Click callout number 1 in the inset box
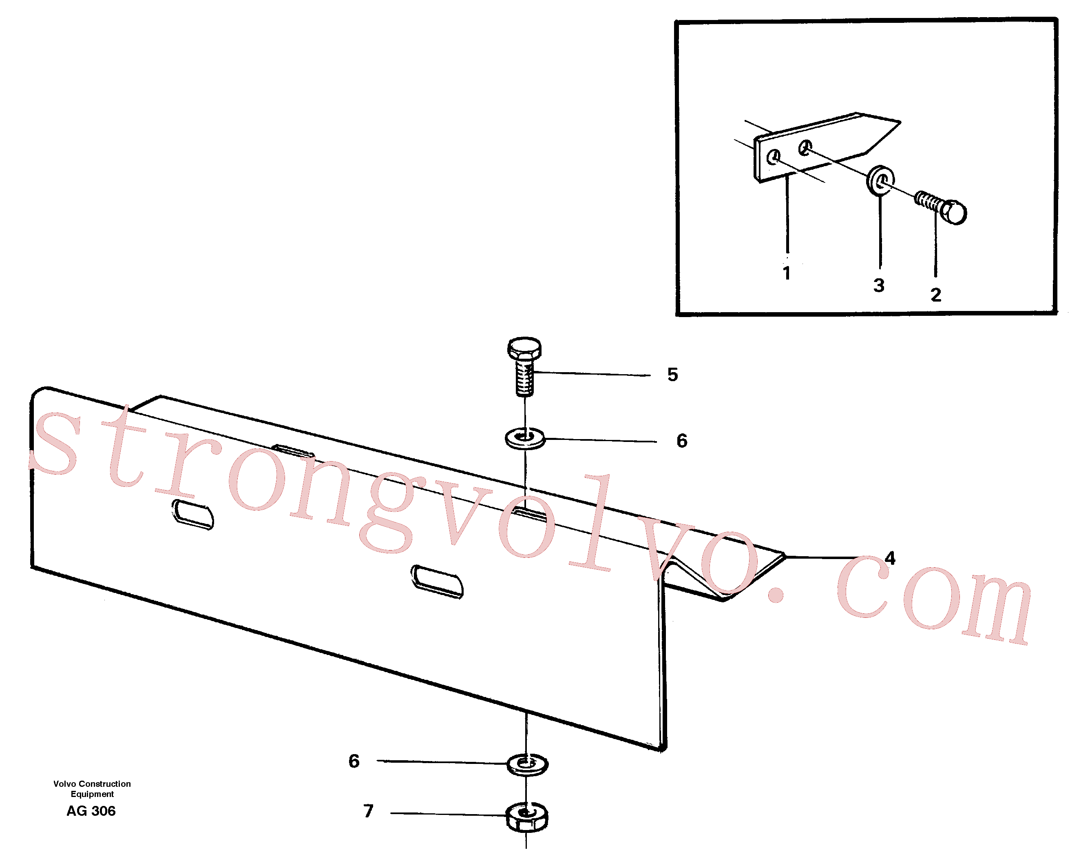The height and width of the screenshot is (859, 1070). pos(787,273)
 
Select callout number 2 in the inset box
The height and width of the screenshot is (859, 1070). pos(936,295)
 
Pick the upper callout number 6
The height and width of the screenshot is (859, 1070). pos(682,440)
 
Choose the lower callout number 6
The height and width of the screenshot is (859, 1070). pos(354,761)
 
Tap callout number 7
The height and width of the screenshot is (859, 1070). pos(368,811)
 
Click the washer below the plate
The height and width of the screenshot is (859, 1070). pos(527,765)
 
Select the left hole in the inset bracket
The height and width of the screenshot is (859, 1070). pos(774,158)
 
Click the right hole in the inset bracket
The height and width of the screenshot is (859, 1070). pos(805,147)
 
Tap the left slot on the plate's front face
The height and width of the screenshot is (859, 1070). pos(192,515)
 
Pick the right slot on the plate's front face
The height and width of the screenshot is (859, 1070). pos(437,582)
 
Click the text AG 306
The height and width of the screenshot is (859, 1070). pos(91,811)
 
